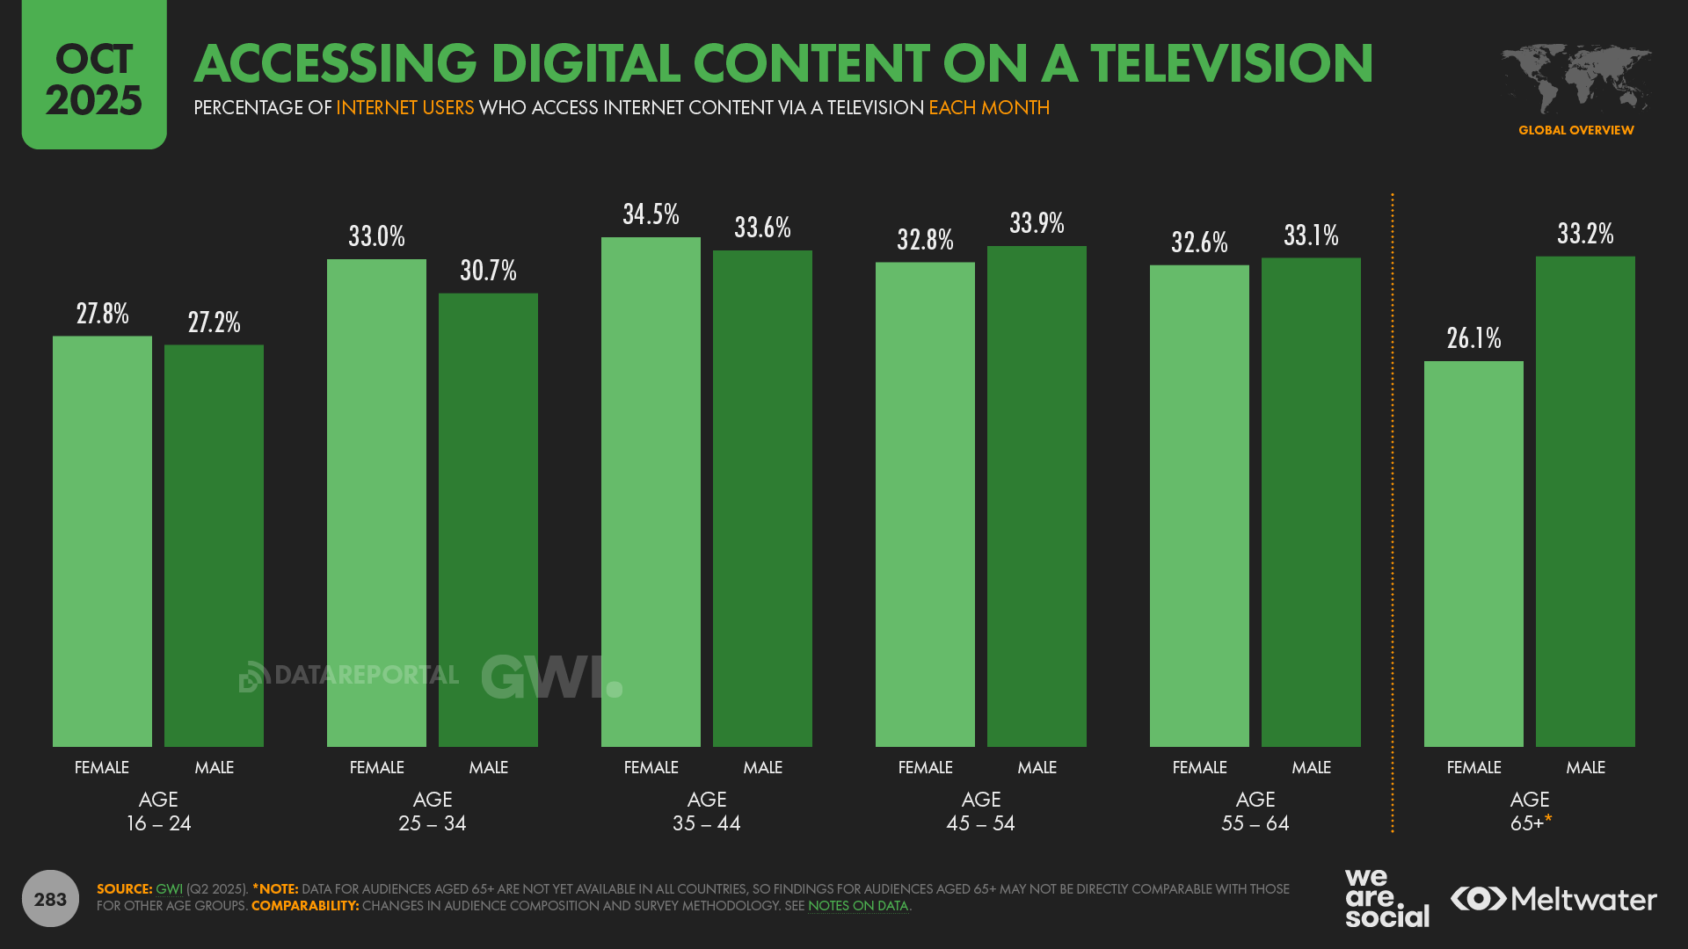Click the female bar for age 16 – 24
click(x=102, y=541)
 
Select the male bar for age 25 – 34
click(x=488, y=519)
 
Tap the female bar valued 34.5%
click(x=651, y=492)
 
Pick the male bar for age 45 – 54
click(x=1037, y=496)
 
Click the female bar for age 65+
click(x=1473, y=554)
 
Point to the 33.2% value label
click(x=1585, y=234)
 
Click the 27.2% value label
click(x=214, y=322)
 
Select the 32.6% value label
click(x=1199, y=243)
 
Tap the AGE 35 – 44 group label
click(x=707, y=811)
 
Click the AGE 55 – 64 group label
click(x=1255, y=811)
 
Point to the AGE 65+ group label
click(x=1530, y=811)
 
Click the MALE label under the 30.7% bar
click(x=488, y=767)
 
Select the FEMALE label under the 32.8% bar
click(x=925, y=767)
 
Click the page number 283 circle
click(x=50, y=899)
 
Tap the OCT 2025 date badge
click(x=94, y=77)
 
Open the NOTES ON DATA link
click(x=857, y=906)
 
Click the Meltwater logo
click(x=1553, y=899)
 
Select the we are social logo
click(x=1386, y=898)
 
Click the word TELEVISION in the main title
click(x=1232, y=63)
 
